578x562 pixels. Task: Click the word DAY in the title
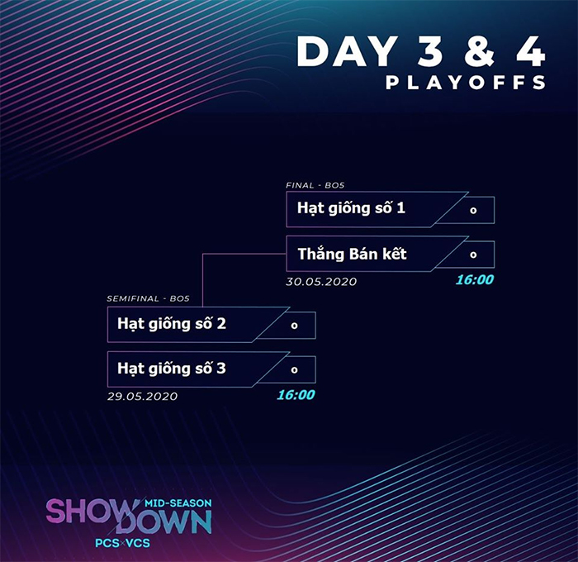click(347, 52)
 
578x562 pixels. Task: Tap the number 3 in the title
click(430, 52)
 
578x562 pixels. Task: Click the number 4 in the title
click(530, 52)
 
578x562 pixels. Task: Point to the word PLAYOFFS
click(466, 83)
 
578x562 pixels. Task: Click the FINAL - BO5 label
click(315, 185)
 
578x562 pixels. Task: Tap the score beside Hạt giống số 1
click(473, 210)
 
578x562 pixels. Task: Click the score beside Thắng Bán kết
click(473, 255)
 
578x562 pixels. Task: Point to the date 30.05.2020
click(321, 282)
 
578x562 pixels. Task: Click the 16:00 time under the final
click(475, 279)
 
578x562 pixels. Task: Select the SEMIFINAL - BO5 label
click(148, 298)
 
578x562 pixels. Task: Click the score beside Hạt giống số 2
click(294, 326)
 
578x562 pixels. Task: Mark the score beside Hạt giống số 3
click(294, 369)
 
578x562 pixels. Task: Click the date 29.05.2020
click(142, 397)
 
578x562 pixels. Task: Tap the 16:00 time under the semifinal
click(296, 395)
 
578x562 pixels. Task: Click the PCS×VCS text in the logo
click(123, 543)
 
